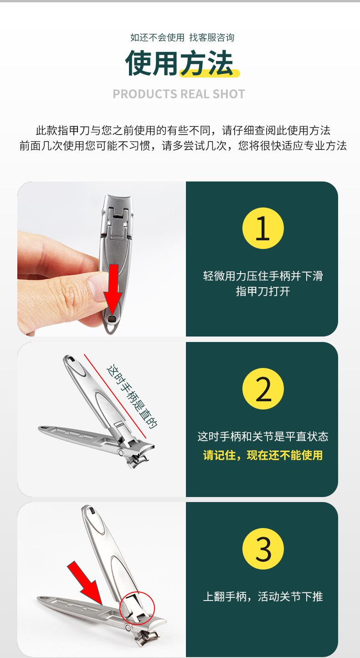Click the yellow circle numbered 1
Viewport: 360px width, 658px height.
pos(263,228)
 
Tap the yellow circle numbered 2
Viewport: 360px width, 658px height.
pos(263,389)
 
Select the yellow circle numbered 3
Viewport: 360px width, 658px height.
pos(263,549)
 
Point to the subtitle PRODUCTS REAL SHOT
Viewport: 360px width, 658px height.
pos(179,94)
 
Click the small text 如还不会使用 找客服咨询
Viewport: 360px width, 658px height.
pos(182,38)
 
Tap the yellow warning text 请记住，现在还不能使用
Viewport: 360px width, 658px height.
pos(262,455)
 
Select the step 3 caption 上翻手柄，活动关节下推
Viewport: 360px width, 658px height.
pos(263,596)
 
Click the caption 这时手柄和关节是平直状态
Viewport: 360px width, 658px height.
pos(262,436)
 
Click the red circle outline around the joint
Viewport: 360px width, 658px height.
pos(137,607)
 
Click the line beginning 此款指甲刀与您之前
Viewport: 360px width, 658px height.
pos(183,130)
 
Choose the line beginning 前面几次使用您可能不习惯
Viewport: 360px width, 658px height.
pos(183,146)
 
